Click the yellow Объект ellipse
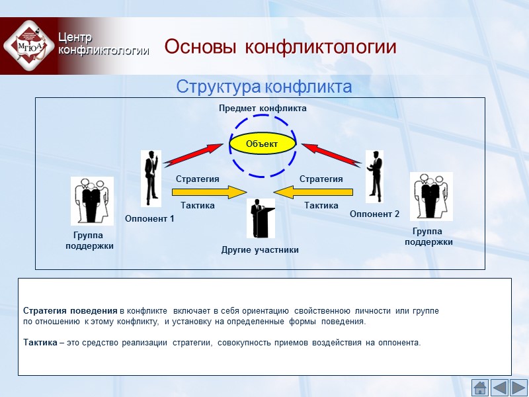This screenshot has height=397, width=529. [x=263, y=144]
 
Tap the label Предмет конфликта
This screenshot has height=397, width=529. [x=263, y=108]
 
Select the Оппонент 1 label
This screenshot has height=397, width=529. [x=149, y=218]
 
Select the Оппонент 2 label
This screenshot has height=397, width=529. [x=375, y=214]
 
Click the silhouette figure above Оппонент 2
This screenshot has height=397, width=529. [x=375, y=176]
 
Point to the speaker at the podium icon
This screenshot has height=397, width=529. [x=261, y=218]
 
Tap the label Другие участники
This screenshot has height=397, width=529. [x=260, y=250]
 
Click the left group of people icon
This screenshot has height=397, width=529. [x=92, y=200]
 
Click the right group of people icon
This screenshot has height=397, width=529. [x=431, y=196]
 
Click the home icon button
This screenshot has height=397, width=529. [x=479, y=387]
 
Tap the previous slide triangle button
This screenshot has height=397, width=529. [x=499, y=387]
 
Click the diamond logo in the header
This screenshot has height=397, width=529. [x=28, y=45]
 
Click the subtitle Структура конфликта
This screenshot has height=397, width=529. [x=263, y=87]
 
